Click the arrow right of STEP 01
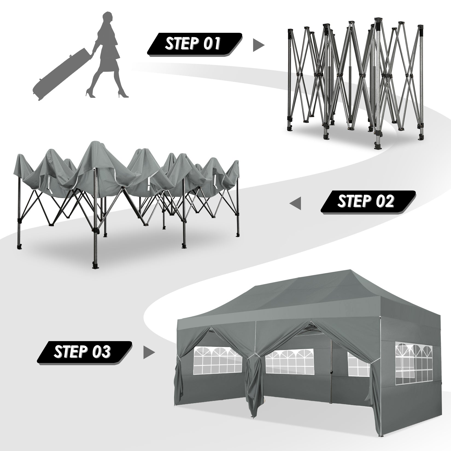tap(258, 45)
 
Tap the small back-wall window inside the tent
tap(357, 366)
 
